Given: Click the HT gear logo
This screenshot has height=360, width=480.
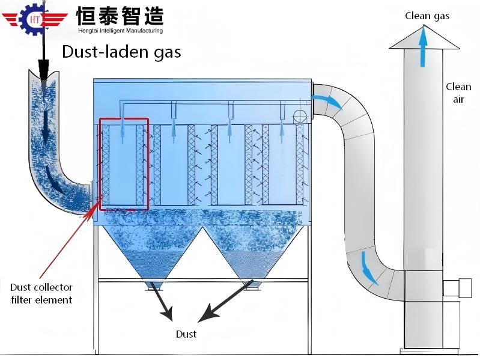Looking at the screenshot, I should point(35,19).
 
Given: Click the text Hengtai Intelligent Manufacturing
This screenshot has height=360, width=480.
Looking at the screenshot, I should point(120,30).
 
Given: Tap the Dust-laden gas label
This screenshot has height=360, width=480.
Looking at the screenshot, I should point(121,52).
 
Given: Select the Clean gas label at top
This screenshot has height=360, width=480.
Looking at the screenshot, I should point(427,16).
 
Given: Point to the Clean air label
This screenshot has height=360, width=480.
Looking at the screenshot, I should point(458,93).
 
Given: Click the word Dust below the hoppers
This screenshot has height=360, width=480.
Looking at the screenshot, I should point(186,334).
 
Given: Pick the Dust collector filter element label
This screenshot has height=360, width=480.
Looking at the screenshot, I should point(41,294).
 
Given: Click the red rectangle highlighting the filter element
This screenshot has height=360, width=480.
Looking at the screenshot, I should point(124,163).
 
